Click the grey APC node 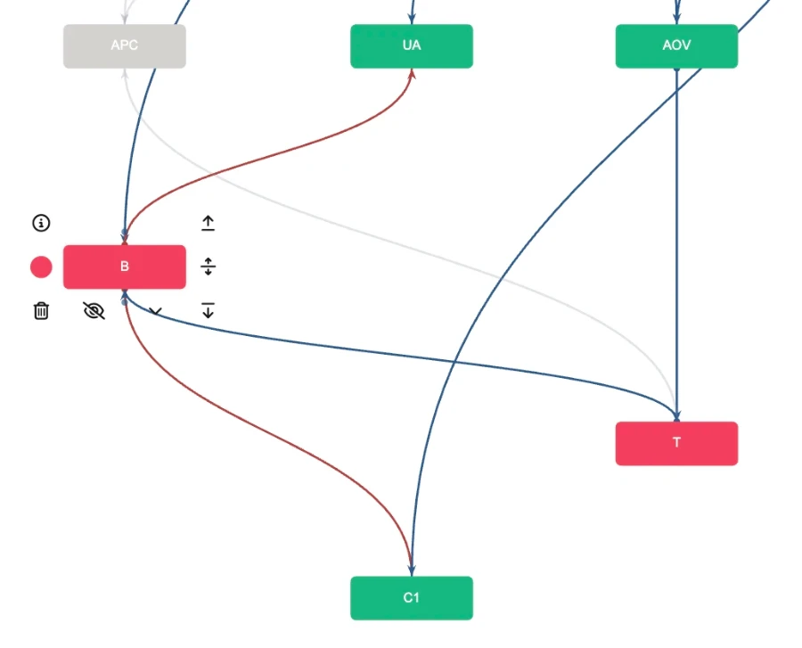[x=124, y=45]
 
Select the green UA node [x=411, y=45]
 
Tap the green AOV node [x=676, y=45]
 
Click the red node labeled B [x=124, y=267]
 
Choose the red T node [x=676, y=443]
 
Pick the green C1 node [x=411, y=597]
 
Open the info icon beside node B [x=41, y=223]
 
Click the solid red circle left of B [x=41, y=267]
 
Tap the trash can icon [x=41, y=311]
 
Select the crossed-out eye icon [x=94, y=310]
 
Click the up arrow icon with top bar [x=208, y=223]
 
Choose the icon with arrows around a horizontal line [x=208, y=267]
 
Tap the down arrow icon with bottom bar [x=208, y=310]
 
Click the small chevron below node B [x=156, y=312]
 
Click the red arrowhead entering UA [x=412, y=74]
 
